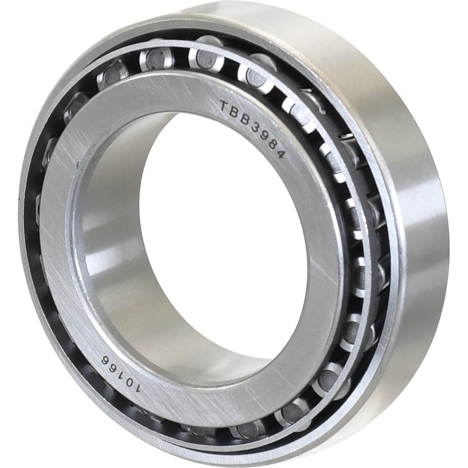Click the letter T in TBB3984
tap(224, 105)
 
